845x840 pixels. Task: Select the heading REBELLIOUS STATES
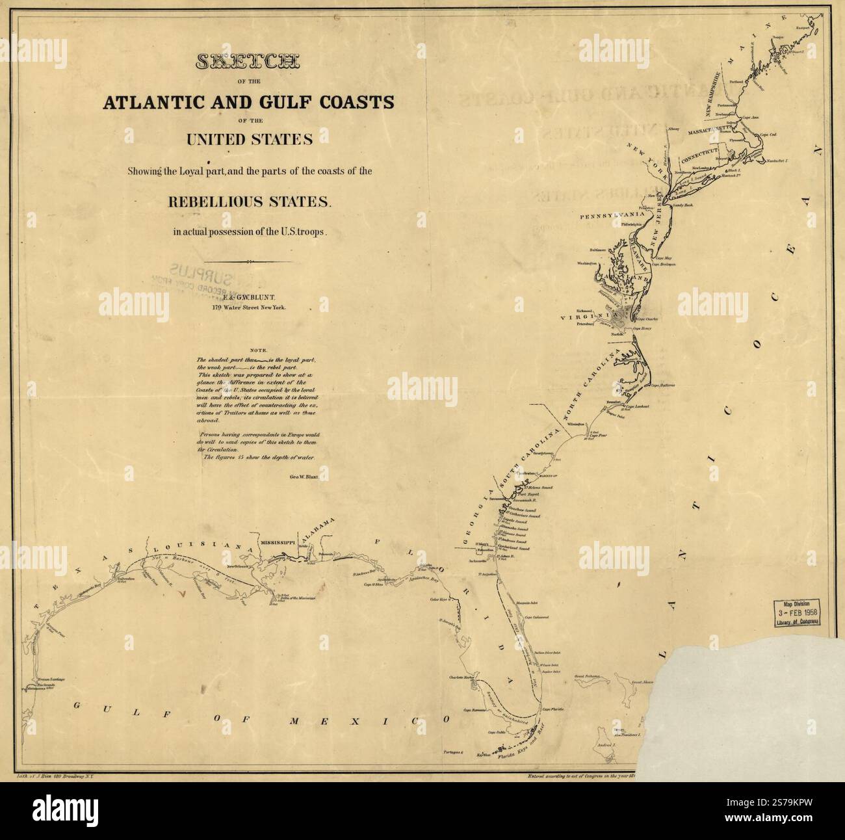250,202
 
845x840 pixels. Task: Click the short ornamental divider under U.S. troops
250,262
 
